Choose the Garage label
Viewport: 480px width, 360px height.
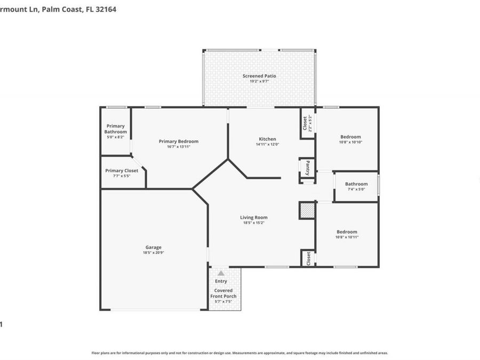(x=153, y=247)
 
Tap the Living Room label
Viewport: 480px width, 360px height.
(x=253, y=217)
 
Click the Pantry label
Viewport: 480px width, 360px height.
(x=307, y=168)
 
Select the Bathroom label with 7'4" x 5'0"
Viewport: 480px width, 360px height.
(x=356, y=184)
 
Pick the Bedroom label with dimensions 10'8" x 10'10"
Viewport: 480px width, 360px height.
(x=350, y=137)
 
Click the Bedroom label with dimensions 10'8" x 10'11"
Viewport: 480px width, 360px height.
(x=347, y=231)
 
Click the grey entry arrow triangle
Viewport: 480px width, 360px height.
(x=221, y=273)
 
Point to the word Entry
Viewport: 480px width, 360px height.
(x=221, y=281)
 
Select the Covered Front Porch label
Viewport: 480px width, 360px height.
(x=223, y=293)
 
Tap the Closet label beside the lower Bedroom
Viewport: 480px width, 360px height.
(x=308, y=258)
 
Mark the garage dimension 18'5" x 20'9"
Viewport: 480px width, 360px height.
(x=153, y=253)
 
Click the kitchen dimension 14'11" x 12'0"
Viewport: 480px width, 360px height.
(x=267, y=144)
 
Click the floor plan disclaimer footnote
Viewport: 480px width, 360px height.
(x=239, y=353)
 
